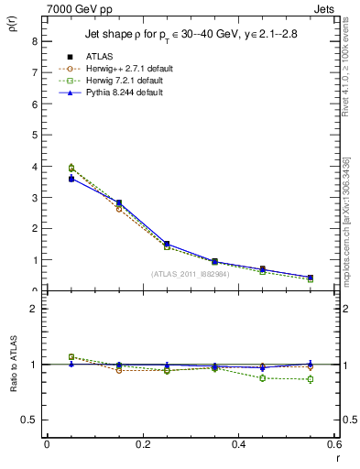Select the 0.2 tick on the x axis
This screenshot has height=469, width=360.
coord(142,444)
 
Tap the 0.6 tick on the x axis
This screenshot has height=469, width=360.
coord(334,444)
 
